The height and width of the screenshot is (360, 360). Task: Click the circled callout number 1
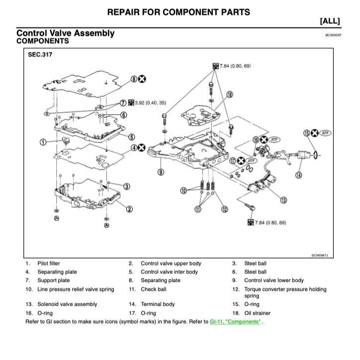[43, 142]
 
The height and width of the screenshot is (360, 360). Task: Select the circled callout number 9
[161, 172]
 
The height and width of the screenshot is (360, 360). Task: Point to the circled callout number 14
[298, 175]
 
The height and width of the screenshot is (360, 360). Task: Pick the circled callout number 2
[129, 208]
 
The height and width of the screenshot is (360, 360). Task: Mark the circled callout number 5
[131, 137]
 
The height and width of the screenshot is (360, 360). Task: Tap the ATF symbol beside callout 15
[325, 133]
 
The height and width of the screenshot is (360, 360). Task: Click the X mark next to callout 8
[142, 79]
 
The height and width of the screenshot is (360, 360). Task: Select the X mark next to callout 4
[142, 148]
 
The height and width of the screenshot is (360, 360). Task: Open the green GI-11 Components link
[235, 322]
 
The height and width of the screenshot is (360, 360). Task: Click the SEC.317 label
[40, 56]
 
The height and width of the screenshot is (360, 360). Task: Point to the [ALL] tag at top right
[330, 20]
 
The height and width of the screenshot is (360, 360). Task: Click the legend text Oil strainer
[258, 313]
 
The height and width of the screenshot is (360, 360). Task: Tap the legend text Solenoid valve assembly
[67, 304]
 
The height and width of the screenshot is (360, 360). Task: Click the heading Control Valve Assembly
[65, 33]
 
